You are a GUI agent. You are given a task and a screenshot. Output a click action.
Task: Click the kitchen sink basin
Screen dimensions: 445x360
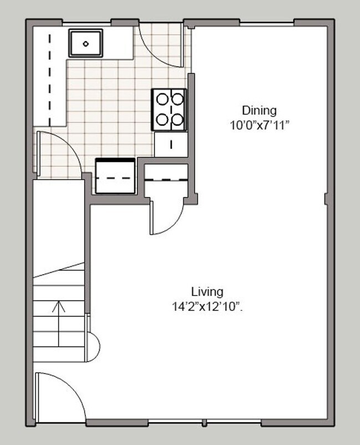pyautogui.click(x=85, y=43)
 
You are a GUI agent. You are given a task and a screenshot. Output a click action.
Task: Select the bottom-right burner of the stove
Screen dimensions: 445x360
pyautogui.click(x=177, y=118)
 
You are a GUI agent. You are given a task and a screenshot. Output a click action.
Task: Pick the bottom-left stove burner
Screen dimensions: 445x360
pyautogui.click(x=163, y=118)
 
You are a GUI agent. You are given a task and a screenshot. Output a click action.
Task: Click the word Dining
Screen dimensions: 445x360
pyautogui.click(x=259, y=110)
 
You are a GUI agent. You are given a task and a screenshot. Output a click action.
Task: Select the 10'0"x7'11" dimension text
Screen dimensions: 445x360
pyautogui.click(x=260, y=126)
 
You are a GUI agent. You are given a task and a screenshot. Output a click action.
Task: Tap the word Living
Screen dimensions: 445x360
pyautogui.click(x=207, y=291)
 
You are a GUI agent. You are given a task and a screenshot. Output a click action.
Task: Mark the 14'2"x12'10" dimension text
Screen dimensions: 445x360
pyautogui.click(x=207, y=307)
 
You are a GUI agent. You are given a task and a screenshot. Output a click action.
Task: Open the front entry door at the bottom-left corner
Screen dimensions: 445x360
pyautogui.click(x=58, y=396)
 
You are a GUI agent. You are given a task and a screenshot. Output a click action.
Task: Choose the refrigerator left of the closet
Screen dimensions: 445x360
pyautogui.click(x=115, y=177)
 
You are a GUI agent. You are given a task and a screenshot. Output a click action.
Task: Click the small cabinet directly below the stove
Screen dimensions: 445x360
pyautogui.click(x=171, y=144)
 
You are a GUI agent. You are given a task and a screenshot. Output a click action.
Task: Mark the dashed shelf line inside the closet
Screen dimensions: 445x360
pyautogui.click(x=166, y=179)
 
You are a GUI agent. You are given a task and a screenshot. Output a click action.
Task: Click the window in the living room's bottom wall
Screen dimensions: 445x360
pyautogui.click(x=205, y=423)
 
